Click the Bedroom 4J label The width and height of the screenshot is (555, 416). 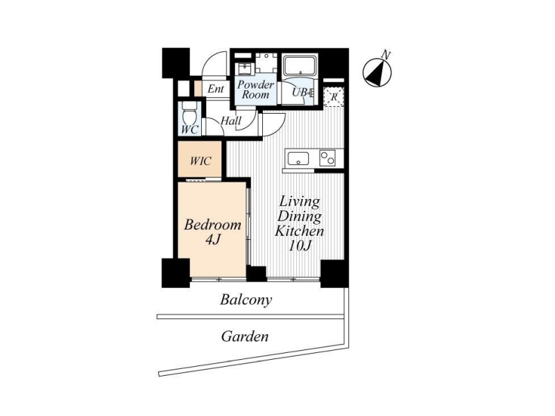click(x=212, y=232)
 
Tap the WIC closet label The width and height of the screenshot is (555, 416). click(x=200, y=161)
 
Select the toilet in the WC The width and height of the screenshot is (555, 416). click(x=189, y=113)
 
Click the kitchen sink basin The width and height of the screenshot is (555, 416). click(x=298, y=159)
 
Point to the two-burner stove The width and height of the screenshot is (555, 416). click(x=327, y=158)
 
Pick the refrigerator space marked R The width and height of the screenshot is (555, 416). click(x=334, y=96)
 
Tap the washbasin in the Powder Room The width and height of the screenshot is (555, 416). click(x=244, y=68)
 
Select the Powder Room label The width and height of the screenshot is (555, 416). click(x=255, y=89)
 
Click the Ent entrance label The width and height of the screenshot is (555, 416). click(x=216, y=89)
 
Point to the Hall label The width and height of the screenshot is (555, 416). click(x=231, y=121)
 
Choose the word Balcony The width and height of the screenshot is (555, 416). click(x=246, y=300)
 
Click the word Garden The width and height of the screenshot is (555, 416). click(x=245, y=336)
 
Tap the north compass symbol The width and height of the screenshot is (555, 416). click(x=377, y=73)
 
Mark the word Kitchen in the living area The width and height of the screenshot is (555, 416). click(x=300, y=232)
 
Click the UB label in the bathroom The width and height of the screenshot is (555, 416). click(x=300, y=93)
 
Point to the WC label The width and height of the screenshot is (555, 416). click(x=189, y=130)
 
